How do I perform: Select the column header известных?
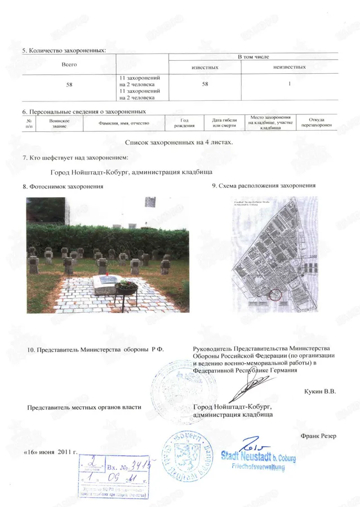click(205, 68)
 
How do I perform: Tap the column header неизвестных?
click(289, 68)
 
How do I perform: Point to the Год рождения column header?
click(184, 122)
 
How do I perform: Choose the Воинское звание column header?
click(59, 122)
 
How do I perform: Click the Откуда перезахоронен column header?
click(317, 122)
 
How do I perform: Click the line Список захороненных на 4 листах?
click(178, 142)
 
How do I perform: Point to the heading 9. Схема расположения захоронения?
click(263, 185)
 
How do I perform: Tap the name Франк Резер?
click(318, 435)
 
